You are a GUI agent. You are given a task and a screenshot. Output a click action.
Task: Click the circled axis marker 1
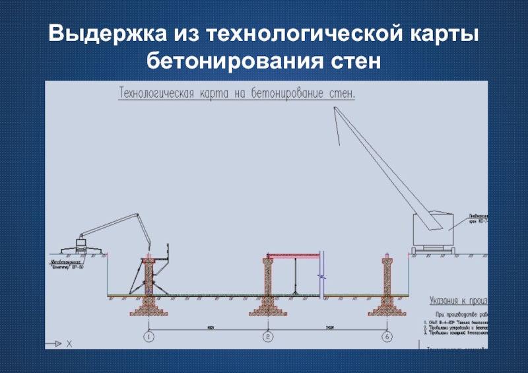148,337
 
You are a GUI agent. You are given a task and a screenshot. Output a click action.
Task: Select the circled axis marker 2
267,337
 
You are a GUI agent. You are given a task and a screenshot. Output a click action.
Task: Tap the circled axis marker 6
386,337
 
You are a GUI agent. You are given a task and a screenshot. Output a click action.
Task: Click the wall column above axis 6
386,277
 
